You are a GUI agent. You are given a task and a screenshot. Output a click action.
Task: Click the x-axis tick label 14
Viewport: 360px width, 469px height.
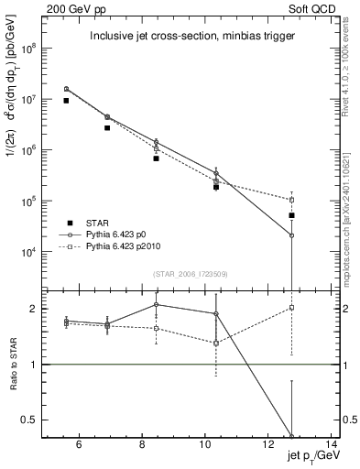tap(333, 445)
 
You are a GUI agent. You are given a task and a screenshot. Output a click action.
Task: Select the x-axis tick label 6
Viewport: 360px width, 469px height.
tap(79, 445)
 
